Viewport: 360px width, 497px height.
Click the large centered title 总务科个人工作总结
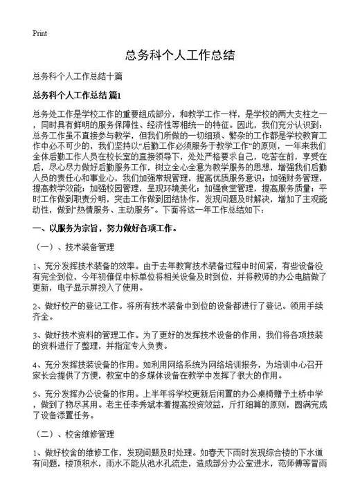pos(180,55)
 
